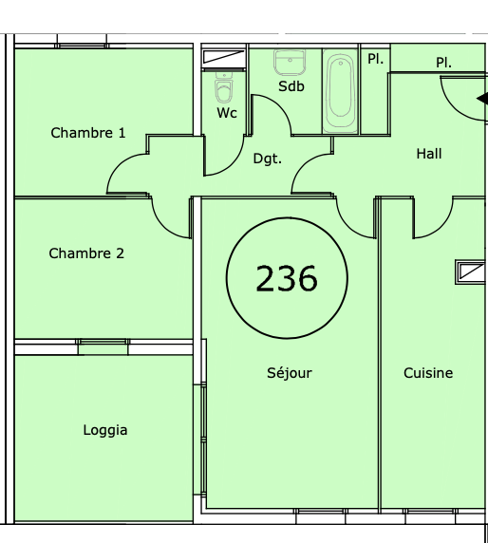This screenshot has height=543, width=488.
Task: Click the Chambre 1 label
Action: (88, 133)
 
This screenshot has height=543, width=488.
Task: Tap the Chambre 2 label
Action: (86, 253)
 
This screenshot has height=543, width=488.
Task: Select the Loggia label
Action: (105, 430)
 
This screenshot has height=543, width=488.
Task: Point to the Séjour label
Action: (290, 373)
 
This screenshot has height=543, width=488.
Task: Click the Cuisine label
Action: (428, 373)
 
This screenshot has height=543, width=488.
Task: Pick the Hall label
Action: (429, 154)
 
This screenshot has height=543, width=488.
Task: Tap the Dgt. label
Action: (268, 159)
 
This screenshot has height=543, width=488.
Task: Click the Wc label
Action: (227, 113)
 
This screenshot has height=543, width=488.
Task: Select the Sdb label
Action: (291, 86)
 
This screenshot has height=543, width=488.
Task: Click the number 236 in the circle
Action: (287, 278)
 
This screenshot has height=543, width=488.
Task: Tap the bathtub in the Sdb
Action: (341, 91)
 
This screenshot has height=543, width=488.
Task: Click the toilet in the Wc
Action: (224, 88)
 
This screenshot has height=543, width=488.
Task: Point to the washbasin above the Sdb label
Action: (290, 63)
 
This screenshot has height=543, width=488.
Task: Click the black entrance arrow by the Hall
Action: (482, 99)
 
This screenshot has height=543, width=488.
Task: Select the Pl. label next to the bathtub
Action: (375, 59)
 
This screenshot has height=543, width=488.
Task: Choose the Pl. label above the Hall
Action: (443, 63)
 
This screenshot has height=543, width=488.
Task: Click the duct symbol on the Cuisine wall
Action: (471, 272)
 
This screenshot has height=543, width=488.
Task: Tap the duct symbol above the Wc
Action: (224, 57)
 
